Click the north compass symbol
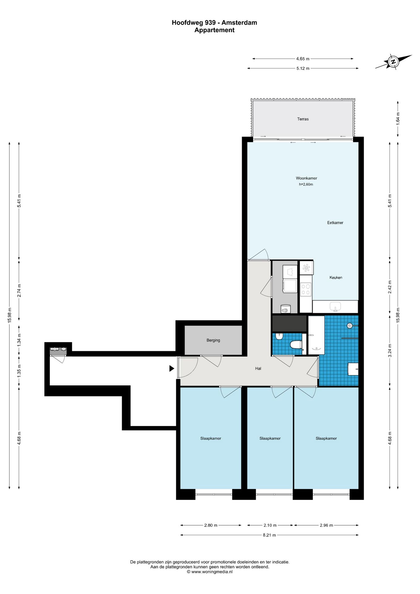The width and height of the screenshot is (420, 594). coord(393,62)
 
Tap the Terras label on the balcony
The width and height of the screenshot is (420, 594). coord(303,119)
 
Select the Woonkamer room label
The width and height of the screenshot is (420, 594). coord(306,178)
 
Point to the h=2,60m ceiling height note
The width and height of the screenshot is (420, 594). coord(306,184)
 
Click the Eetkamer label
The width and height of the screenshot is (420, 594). coord(335,223)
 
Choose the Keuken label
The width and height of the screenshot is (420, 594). coord(336,278)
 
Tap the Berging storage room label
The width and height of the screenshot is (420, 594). coord(213,340)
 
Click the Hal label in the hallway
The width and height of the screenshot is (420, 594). coord(258,368)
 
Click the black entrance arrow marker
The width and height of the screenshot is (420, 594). coord(172,368)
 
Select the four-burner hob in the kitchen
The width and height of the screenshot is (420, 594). coord(306,289)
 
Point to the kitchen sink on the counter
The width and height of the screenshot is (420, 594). coord(335,307)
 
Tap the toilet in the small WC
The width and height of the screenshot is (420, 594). coord(296,345)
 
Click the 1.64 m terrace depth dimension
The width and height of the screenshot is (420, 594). coord(398,118)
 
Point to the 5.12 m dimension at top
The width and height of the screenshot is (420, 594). coord(303,68)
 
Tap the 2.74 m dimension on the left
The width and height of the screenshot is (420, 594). coord(19,291)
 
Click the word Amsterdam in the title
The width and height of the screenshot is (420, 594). coord(239,23)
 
